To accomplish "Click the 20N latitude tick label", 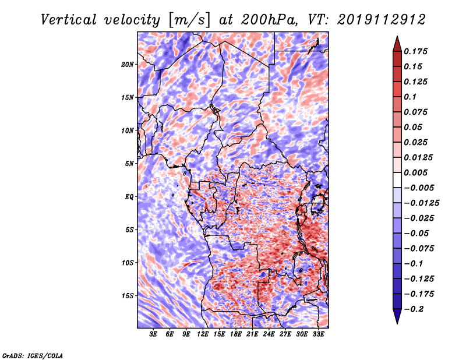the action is [128, 65].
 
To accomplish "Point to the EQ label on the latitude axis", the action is [129, 197].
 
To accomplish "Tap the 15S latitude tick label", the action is [128, 296].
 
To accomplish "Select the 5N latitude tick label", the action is [129, 164].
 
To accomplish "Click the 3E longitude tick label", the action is [153, 334].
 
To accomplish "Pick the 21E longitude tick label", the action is [252, 334].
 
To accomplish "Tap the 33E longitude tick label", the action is [318, 334].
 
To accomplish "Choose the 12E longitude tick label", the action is [203, 334].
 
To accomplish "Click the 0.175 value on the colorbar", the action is [415, 51].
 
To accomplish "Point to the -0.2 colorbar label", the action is [414, 309].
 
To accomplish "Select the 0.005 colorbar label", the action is [415, 172].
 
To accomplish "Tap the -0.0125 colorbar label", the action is [421, 203].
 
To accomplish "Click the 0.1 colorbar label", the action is [410, 97].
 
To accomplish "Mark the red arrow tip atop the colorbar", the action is [397, 36].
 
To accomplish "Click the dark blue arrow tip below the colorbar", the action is [397, 323].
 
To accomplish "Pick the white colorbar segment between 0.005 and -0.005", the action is [397, 180].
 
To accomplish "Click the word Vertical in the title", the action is [69, 20].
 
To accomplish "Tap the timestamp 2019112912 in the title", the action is [382, 20].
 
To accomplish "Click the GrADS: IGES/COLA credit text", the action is [33, 355].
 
